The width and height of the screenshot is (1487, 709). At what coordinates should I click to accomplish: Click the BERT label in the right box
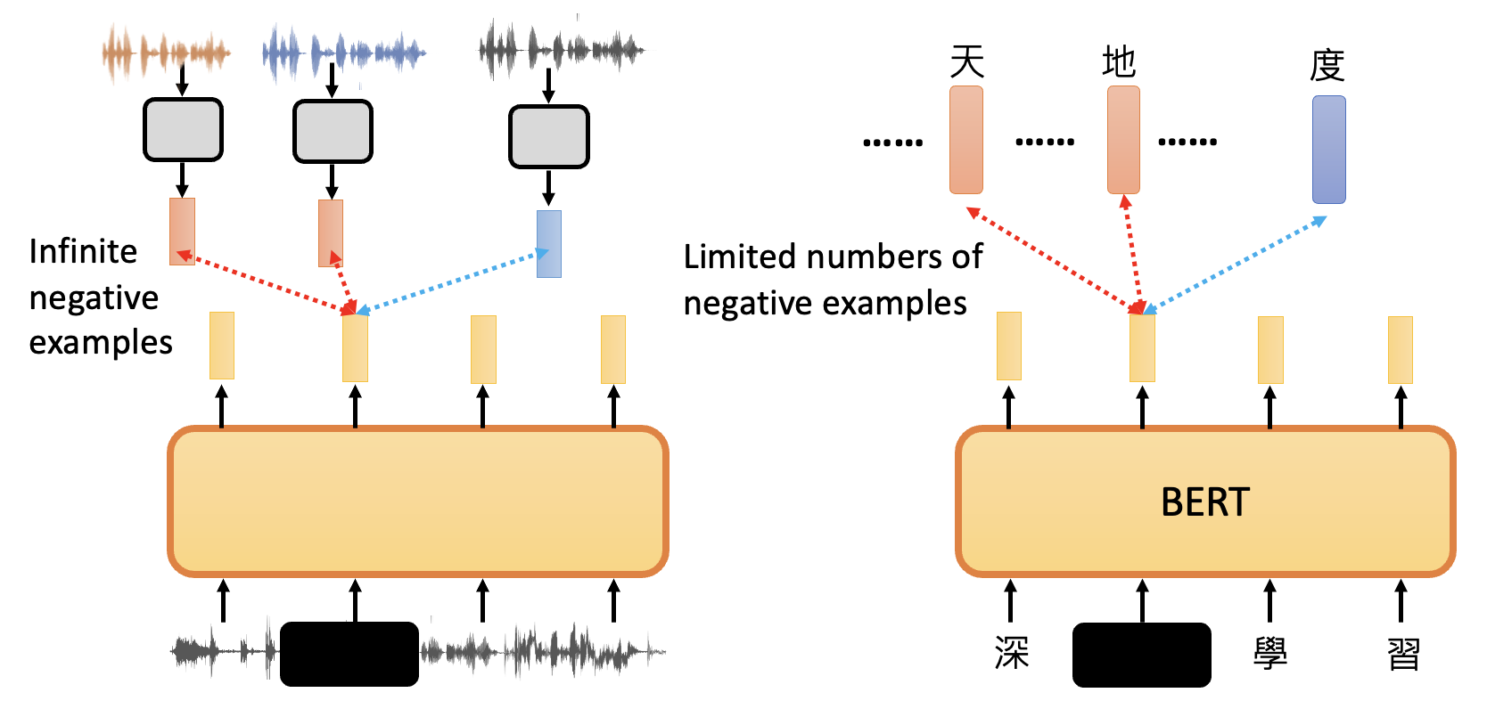[1205, 502]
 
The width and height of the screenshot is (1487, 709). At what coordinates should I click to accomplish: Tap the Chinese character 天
[966, 62]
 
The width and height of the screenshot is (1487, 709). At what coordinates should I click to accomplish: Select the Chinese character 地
[1119, 62]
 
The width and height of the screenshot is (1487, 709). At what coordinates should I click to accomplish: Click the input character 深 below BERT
[1012, 654]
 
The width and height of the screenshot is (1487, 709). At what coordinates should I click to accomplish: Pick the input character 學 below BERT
[1270, 654]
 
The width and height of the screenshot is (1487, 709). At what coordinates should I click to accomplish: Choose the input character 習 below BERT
[1403, 654]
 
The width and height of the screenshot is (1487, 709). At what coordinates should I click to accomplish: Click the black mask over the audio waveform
[349, 654]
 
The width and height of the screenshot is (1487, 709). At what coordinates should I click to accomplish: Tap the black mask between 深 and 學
[1141, 655]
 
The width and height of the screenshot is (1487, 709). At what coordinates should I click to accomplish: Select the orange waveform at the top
[166, 53]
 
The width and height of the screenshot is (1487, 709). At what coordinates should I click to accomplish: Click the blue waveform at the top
[343, 53]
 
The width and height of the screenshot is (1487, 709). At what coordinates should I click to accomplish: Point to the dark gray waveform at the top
[562, 50]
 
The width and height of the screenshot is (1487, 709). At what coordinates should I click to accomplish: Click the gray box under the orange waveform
[183, 130]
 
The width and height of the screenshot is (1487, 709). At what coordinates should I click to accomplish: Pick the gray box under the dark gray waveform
[549, 137]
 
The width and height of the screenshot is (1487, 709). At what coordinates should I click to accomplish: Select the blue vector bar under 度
[1328, 150]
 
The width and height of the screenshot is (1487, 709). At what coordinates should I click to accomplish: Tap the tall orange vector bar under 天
[966, 140]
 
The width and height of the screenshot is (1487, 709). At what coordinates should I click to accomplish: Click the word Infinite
[83, 252]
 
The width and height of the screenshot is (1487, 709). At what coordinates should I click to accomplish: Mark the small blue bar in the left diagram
[549, 244]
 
